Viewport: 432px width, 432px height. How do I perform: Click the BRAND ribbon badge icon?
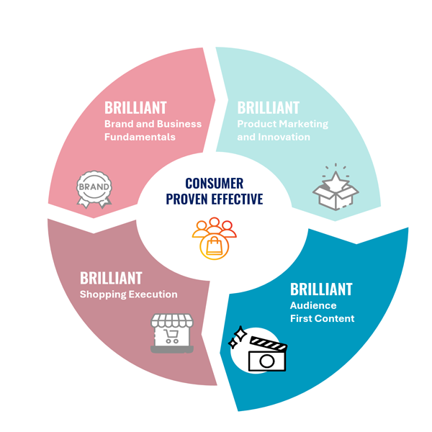point(94,187)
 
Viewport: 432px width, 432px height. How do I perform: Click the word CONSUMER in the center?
point(214,184)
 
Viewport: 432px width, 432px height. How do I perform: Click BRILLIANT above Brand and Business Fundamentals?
point(135,108)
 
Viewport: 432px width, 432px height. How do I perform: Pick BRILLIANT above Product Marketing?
point(268,108)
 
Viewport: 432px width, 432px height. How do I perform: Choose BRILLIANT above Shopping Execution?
point(111,278)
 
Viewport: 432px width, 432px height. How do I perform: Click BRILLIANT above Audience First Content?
point(321,289)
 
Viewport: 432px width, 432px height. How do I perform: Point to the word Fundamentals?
point(140,137)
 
